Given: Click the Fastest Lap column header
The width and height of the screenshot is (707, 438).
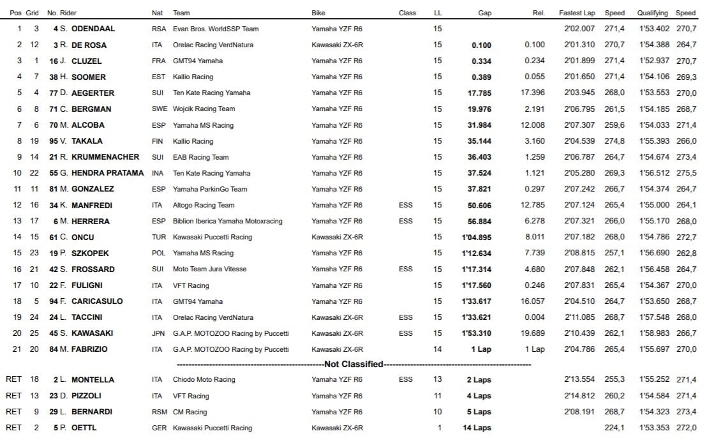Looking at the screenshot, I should point(577,13).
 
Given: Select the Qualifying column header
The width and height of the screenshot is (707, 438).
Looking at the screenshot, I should point(652,13).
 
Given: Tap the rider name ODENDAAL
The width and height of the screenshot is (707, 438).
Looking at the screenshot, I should point(93,29).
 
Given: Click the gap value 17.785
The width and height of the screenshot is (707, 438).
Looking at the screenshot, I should point(479,93).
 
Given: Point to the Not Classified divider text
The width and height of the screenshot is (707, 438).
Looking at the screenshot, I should point(353,365).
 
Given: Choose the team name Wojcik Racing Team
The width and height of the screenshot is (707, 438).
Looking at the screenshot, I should point(204,109).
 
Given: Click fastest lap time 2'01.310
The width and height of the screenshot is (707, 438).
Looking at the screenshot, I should point(579,45).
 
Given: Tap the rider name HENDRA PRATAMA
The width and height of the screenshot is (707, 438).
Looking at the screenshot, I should point(107,173).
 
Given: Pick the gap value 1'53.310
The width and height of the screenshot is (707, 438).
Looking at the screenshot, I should point(477,333).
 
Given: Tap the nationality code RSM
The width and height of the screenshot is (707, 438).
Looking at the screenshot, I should point(159,412).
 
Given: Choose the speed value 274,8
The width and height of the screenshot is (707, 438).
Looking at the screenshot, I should point(614,140).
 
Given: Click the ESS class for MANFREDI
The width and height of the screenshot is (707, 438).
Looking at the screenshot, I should point(405,205).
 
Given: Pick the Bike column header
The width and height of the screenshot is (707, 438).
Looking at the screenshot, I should point(318,13).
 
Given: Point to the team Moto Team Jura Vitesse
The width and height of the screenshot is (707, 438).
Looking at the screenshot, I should point(209,269).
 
